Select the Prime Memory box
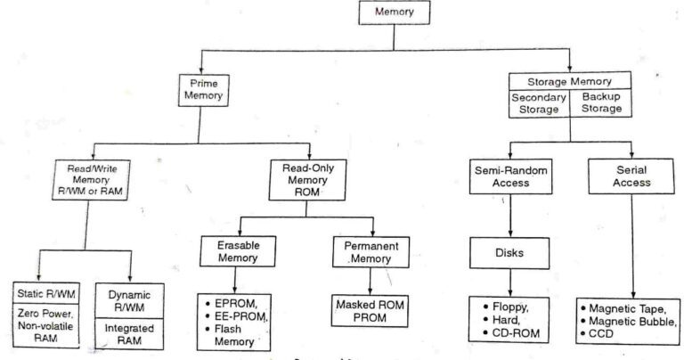point(204,88)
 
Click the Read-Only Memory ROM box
point(309,178)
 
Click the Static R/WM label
point(50,295)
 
